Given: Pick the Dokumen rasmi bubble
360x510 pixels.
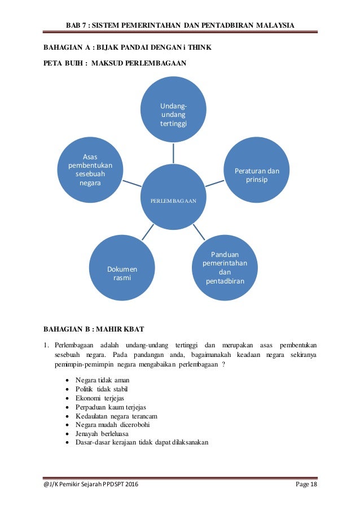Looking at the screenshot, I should pos(122,273).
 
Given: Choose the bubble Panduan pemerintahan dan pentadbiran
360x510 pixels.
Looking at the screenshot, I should pos(225,267).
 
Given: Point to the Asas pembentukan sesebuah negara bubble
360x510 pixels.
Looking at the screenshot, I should pos(90,169).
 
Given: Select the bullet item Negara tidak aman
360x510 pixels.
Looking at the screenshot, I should pos(102,381).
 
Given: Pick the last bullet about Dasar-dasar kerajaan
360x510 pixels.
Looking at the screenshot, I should pos(142,442).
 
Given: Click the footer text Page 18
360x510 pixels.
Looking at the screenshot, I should pos(306,485).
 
